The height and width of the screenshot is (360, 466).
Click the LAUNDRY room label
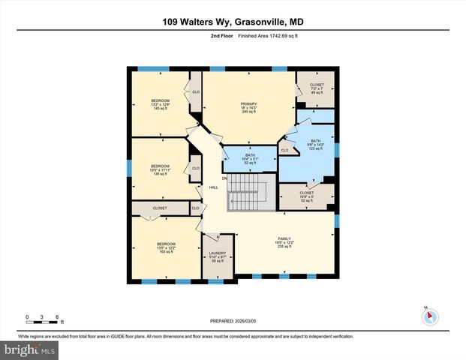(x=218, y=256)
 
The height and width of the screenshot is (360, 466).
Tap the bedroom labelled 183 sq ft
(x=166, y=247)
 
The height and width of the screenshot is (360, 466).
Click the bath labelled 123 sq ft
(x=316, y=145)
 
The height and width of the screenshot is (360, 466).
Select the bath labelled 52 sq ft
(x=250, y=159)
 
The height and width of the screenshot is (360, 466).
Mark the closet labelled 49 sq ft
(x=316, y=88)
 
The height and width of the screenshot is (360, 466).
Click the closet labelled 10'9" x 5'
(x=306, y=196)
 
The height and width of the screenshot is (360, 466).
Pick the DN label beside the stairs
(x=224, y=178)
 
